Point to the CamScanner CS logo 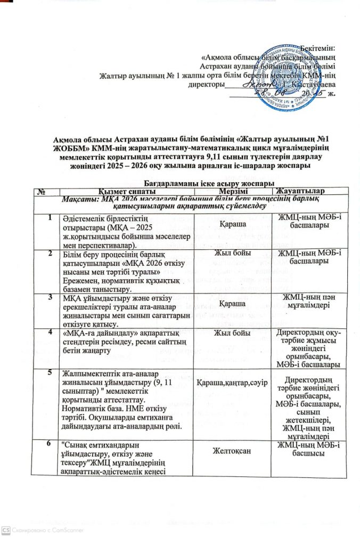click(x=6, y=530)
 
